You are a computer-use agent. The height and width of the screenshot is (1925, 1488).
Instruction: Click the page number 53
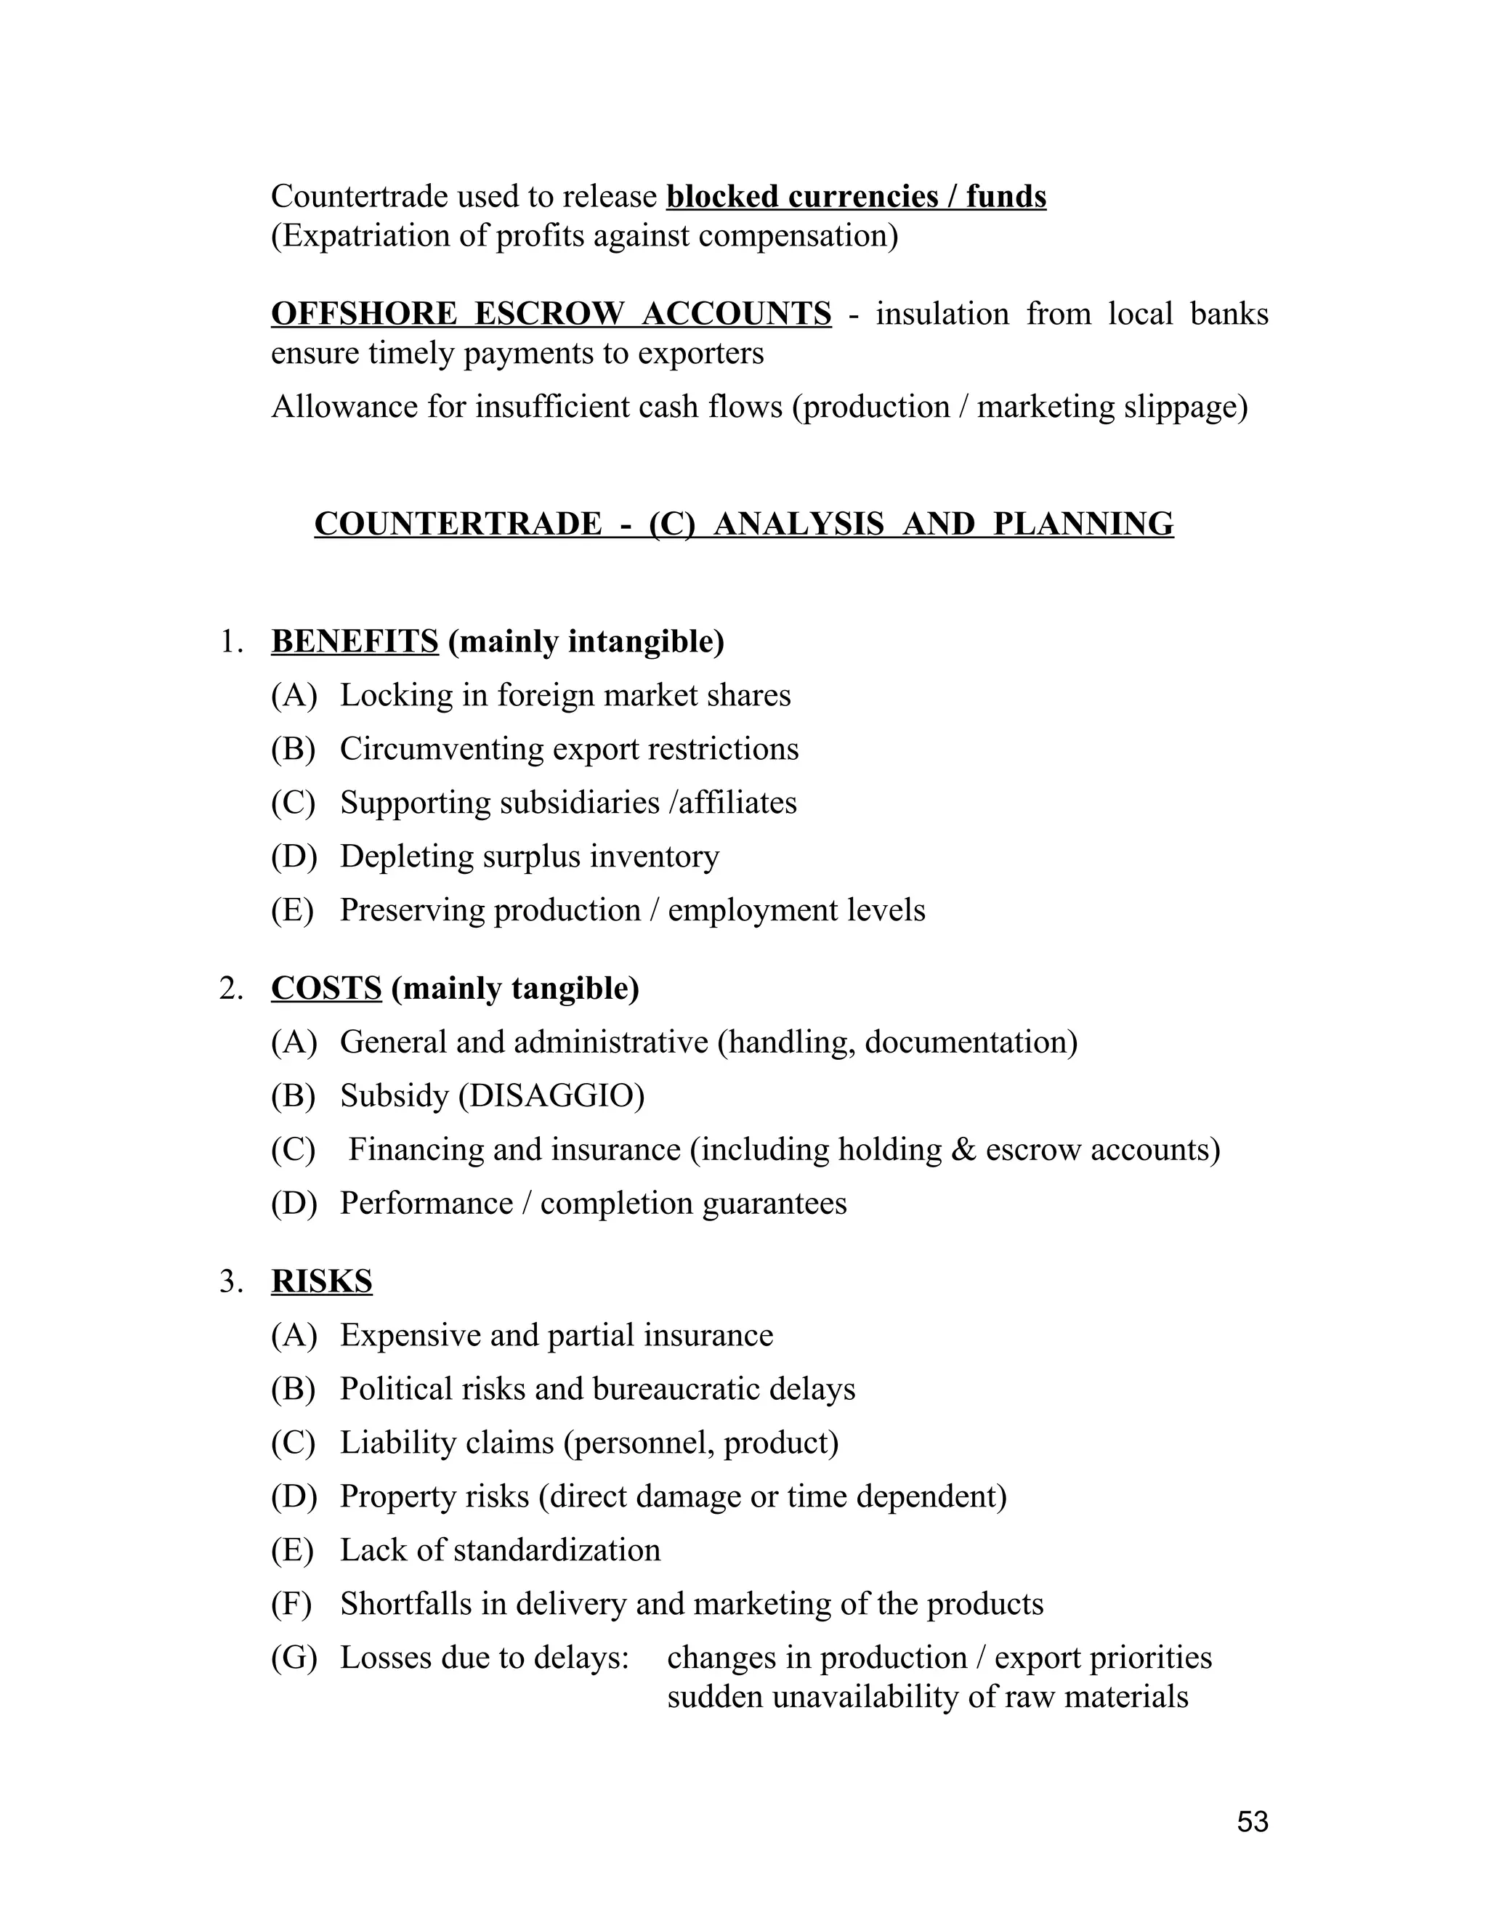tap(1252, 1821)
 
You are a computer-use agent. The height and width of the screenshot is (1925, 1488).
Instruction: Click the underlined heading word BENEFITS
tap(355, 641)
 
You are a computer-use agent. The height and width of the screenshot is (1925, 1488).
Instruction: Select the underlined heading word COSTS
tap(326, 989)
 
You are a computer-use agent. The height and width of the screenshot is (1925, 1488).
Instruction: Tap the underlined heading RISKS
tap(322, 1281)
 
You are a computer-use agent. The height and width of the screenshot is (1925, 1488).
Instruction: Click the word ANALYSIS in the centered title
tap(798, 524)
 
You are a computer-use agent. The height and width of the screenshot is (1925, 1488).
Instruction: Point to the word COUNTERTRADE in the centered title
tap(458, 524)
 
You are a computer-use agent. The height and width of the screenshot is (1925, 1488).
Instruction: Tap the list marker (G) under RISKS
tap(294, 1658)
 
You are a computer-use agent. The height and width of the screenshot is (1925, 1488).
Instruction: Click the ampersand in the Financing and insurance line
tap(963, 1150)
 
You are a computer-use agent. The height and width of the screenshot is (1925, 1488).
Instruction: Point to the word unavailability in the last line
tap(865, 1698)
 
